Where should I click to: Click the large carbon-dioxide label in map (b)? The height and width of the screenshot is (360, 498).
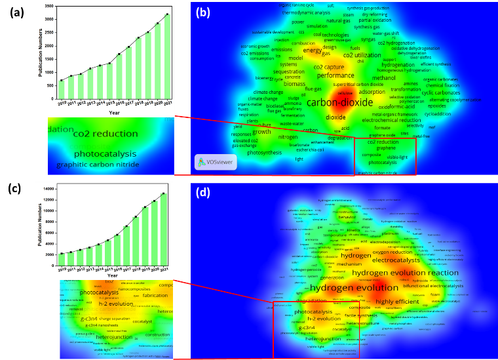[338, 102]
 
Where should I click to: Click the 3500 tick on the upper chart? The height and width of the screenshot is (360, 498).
[50, 6]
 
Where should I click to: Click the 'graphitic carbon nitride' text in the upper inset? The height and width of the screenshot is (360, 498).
[98, 165]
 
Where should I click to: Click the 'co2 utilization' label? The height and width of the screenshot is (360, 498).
[362, 55]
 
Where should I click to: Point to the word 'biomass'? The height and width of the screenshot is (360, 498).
[294, 84]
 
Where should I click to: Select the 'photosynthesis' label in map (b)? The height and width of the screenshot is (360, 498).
[264, 152]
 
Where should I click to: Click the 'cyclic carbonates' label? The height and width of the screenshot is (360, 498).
[441, 92]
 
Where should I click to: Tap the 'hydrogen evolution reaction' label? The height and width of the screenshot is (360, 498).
[405, 272]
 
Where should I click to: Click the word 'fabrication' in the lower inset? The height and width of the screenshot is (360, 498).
[155, 295]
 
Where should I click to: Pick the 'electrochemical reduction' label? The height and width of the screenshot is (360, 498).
[391, 120]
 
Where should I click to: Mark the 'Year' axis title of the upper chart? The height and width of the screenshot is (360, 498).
[114, 113]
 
